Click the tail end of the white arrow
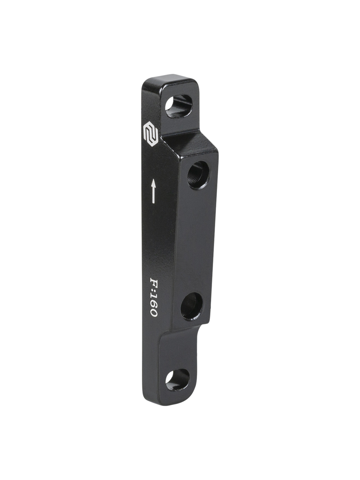(x=153, y=202)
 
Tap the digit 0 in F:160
(x=153, y=313)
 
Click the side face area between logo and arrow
(x=151, y=159)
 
